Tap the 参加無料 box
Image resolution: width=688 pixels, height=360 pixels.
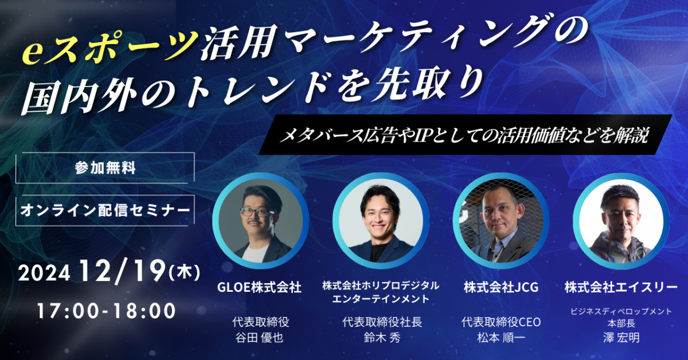(x=105, y=168)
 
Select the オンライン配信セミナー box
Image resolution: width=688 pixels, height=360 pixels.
(x=105, y=210)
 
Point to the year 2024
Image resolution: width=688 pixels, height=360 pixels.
(x=44, y=273)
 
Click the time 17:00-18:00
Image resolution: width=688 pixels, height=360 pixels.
(x=106, y=311)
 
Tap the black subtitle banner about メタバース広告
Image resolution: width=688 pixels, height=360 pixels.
(x=465, y=135)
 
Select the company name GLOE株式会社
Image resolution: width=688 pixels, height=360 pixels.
(x=259, y=287)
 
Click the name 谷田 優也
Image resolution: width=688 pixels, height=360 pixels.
(x=259, y=338)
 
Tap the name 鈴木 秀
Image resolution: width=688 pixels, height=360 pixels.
(x=382, y=338)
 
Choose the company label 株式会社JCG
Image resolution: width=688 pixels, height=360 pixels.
(x=501, y=287)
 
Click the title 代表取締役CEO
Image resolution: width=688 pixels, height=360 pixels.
(x=501, y=322)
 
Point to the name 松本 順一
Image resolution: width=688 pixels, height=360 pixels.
(x=501, y=338)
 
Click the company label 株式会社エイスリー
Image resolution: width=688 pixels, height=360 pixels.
(x=621, y=287)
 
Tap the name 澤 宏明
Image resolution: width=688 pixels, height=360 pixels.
(x=621, y=338)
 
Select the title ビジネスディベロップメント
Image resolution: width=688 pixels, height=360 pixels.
(x=621, y=311)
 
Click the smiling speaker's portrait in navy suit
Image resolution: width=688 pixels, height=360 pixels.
(x=381, y=221)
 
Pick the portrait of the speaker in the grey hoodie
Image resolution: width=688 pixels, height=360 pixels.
(x=621, y=221)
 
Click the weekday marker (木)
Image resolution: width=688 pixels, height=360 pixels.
(x=185, y=272)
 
